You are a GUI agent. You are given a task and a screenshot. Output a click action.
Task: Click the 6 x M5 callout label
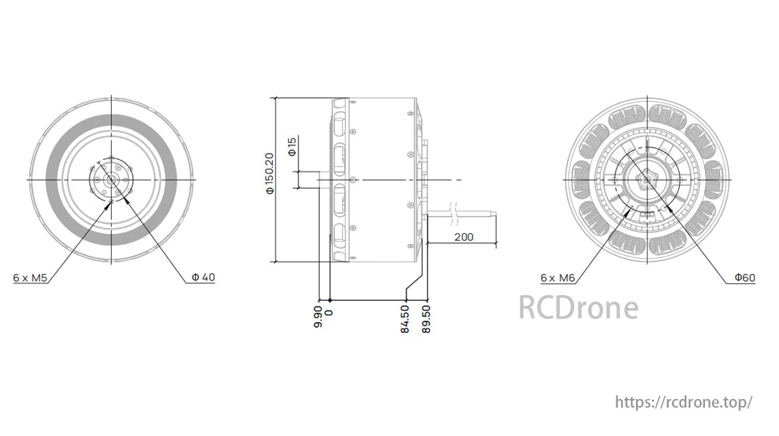[30, 278]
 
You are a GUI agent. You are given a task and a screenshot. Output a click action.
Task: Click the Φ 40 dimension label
[203, 278]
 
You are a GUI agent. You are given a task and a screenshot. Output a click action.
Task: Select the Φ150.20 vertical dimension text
[269, 174]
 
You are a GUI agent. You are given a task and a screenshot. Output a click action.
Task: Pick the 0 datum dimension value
[330, 312]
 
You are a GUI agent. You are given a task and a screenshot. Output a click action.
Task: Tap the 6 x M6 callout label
[558, 278]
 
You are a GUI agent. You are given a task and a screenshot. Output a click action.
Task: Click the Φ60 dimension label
[744, 278]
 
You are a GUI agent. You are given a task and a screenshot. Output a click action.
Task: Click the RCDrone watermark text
[578, 307]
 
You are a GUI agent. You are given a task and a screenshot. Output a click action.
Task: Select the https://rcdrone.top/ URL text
[683, 402]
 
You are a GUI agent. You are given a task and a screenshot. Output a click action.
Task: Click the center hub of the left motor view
[111, 179]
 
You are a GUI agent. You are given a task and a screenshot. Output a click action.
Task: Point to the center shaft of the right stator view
[645, 179]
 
